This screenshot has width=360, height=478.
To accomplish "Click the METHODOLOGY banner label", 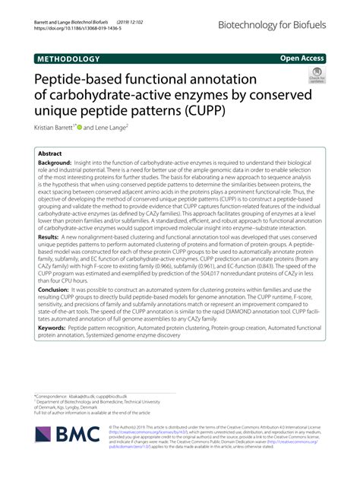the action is [x=68, y=59].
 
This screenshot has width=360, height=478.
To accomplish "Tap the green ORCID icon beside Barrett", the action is [x=78, y=128].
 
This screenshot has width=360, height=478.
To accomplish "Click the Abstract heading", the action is [x=50, y=153].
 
